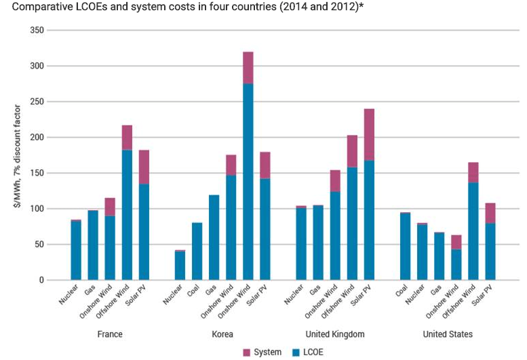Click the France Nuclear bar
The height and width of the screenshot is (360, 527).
coord(76,249)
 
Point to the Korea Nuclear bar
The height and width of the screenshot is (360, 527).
coord(180,266)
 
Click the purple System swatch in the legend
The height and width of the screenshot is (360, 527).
coord(247,352)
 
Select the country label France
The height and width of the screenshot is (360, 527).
coord(109,334)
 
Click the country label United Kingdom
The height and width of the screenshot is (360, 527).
coord(334,334)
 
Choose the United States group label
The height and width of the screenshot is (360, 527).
coord(448,334)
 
